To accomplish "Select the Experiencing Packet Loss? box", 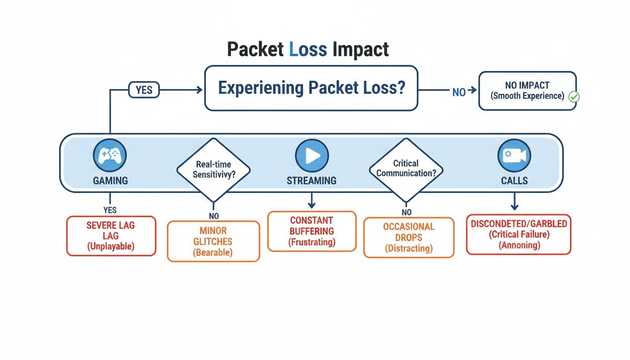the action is click(311, 88).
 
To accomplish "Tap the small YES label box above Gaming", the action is click(144, 90).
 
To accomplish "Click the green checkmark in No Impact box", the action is click(574, 97).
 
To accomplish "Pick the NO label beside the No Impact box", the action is click(459, 92).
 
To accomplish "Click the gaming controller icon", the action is click(110, 156).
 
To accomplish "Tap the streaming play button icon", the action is click(312, 156).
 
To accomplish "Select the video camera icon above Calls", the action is click(514, 156).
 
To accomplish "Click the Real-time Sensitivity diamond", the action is click(213, 169).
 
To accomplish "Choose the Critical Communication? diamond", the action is click(406, 168).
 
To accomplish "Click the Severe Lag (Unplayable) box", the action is click(111, 236).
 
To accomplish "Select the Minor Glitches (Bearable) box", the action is click(213, 241).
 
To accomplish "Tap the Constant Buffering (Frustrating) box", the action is click(312, 231).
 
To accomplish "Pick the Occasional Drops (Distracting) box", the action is click(409, 237).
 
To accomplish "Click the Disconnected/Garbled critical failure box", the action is click(518, 234).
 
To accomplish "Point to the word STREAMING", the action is click(312, 180).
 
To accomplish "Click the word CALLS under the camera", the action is click(514, 180).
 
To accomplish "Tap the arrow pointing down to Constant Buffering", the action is click(312, 202).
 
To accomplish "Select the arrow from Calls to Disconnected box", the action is click(514, 202).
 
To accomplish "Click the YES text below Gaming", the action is click(110, 210).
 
